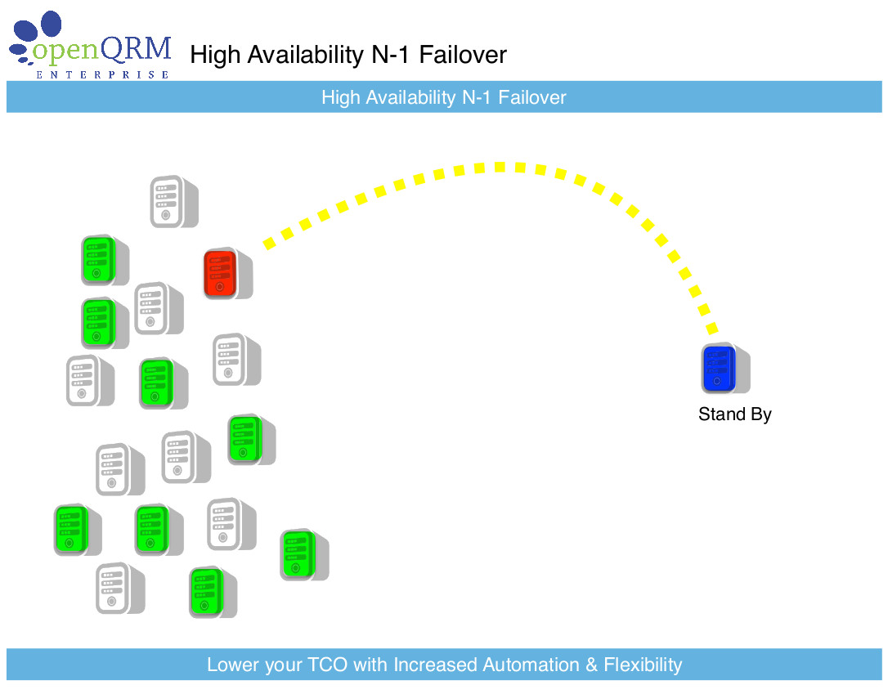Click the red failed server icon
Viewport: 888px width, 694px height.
[x=227, y=273]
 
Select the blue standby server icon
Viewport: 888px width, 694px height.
[x=725, y=369]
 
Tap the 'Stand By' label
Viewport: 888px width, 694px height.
[x=734, y=414]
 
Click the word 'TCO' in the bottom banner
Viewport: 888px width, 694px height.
[x=327, y=665]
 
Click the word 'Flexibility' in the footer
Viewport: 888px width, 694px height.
[x=643, y=665]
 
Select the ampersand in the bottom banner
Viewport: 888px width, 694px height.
[x=590, y=665]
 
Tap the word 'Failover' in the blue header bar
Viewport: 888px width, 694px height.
[x=531, y=97]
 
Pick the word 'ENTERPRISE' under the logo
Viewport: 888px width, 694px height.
[x=102, y=74]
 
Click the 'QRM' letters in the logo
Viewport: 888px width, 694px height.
[x=136, y=49]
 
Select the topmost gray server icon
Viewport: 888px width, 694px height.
[x=174, y=202]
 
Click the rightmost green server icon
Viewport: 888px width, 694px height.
[x=305, y=555]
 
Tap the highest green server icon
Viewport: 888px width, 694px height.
[x=105, y=261]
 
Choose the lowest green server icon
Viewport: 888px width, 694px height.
[x=213, y=592]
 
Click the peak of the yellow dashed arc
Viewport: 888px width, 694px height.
[x=499, y=167]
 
